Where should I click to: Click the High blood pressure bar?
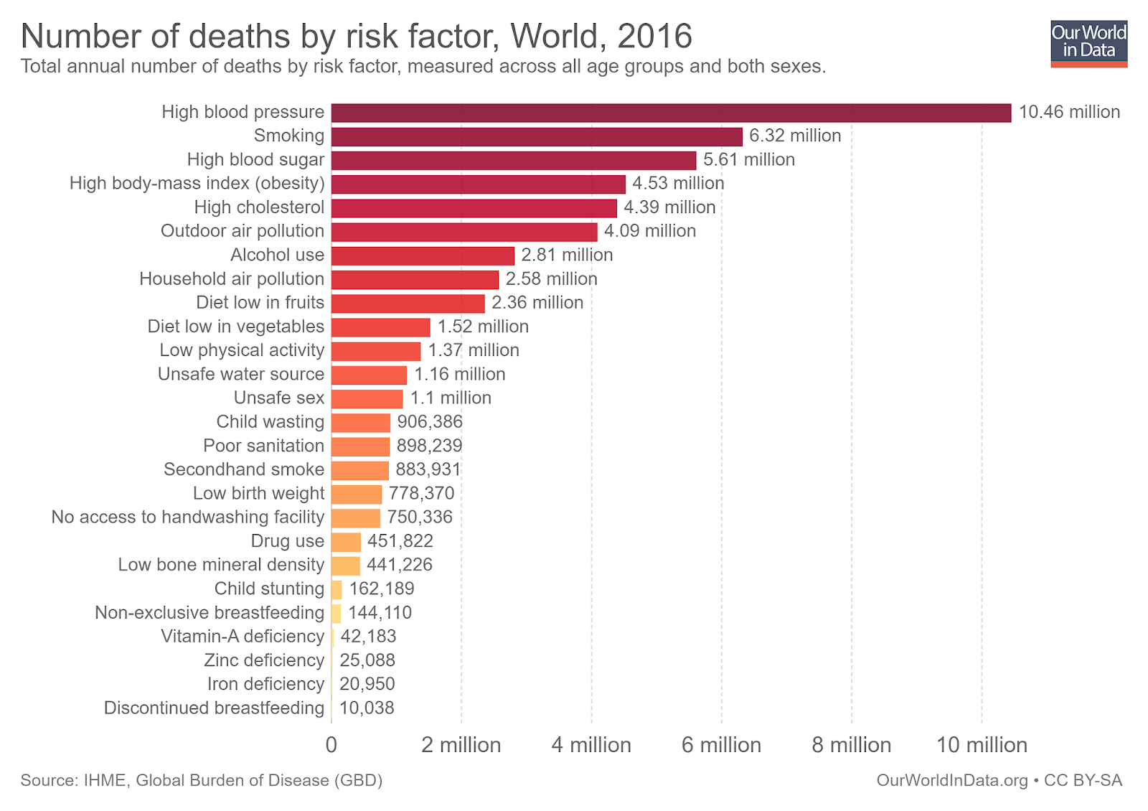click(x=671, y=113)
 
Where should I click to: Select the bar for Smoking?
click(x=537, y=136)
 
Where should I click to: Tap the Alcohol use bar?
click(x=423, y=256)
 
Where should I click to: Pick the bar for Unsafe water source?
click(x=369, y=375)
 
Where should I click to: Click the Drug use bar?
click(x=346, y=542)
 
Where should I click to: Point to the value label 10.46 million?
click(x=1069, y=112)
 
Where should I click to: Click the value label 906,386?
click(x=430, y=422)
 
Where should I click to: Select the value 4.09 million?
click(x=650, y=231)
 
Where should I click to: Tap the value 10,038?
click(x=367, y=708)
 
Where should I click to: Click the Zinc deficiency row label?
click(x=264, y=660)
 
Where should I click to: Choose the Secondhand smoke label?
click(x=244, y=469)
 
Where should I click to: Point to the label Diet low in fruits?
click(x=260, y=303)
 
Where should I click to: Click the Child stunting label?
click(x=269, y=589)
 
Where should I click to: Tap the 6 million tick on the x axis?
click(x=721, y=745)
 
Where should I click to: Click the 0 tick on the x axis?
click(x=331, y=745)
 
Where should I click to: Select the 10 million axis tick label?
click(x=982, y=745)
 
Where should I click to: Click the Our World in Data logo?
click(x=1088, y=43)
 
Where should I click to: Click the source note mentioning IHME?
click(x=201, y=780)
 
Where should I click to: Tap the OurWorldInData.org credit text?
click(x=951, y=780)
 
